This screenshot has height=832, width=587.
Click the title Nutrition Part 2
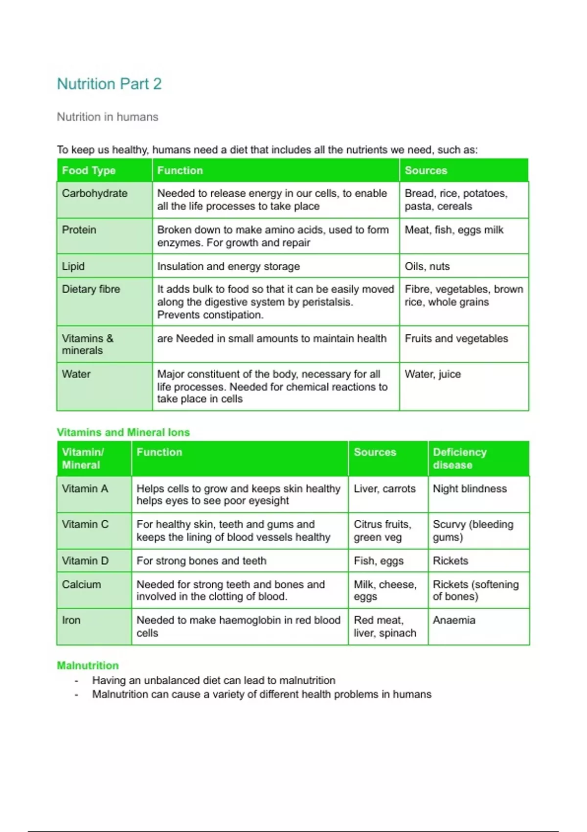[109, 84]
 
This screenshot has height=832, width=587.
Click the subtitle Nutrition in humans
[108, 117]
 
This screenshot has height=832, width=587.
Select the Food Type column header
[89, 170]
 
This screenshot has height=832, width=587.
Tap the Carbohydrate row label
[94, 193]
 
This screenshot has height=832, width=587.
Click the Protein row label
[79, 230]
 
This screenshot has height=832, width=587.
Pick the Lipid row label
[73, 266]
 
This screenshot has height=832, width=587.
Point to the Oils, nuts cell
[427, 266]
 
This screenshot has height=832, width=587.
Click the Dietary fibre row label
[90, 289]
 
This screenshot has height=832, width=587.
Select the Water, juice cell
[432, 374]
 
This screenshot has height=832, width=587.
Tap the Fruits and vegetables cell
[456, 338]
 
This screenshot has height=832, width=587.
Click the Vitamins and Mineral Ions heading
[123, 432]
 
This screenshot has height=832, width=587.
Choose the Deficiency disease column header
[459, 458]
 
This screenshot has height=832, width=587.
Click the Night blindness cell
[470, 488]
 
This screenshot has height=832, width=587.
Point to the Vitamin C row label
[85, 524]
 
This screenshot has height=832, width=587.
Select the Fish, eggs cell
[379, 561]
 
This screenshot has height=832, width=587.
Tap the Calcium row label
[81, 584]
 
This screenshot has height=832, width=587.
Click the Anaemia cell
[454, 620]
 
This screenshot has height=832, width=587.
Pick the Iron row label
[71, 620]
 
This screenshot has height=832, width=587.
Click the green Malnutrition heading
[88, 666]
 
